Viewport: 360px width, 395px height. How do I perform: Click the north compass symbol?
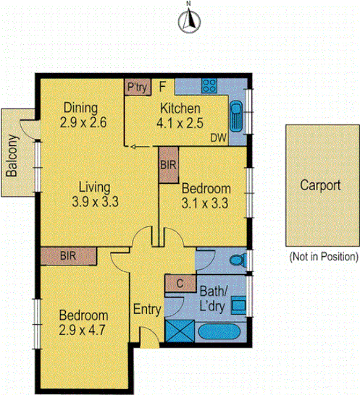click(188, 21)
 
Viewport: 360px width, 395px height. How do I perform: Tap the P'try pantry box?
click(135, 87)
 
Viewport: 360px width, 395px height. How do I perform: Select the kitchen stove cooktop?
click(209, 86)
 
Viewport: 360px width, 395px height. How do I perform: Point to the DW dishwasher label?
click(218, 137)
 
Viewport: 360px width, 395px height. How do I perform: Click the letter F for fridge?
click(162, 86)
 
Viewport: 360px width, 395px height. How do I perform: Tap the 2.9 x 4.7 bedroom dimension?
click(83, 329)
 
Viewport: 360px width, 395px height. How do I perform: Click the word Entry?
click(147, 310)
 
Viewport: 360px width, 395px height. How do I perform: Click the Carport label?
click(321, 184)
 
